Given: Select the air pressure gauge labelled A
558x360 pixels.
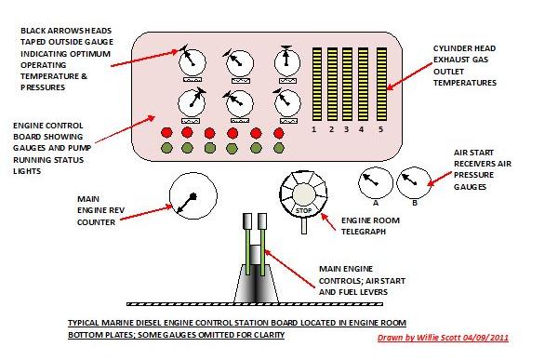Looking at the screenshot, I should point(375,182).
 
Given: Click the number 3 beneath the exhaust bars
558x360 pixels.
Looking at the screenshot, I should point(347,129).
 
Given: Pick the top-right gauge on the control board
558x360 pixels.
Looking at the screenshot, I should point(286,61).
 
